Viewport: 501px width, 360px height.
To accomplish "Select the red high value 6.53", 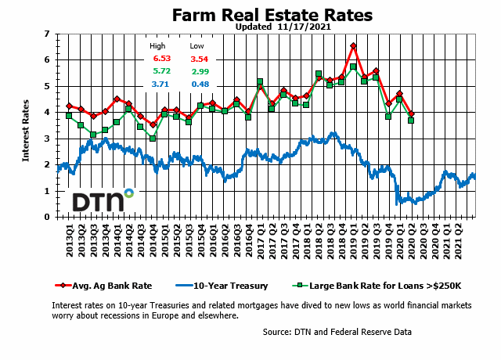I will pyautogui.click(x=161, y=59).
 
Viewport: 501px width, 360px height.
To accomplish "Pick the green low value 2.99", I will pyautogui.click(x=200, y=71).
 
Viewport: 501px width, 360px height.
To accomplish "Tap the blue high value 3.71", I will pyautogui.click(x=161, y=84).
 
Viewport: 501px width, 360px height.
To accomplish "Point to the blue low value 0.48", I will pyautogui.click(x=200, y=84).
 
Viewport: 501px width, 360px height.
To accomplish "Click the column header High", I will pyautogui.click(x=158, y=46).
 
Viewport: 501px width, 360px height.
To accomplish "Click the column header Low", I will pyautogui.click(x=196, y=46).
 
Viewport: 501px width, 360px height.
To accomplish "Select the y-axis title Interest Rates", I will pyautogui.click(x=26, y=125).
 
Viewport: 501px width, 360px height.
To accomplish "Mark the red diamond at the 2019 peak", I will pyautogui.click(x=353, y=46).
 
